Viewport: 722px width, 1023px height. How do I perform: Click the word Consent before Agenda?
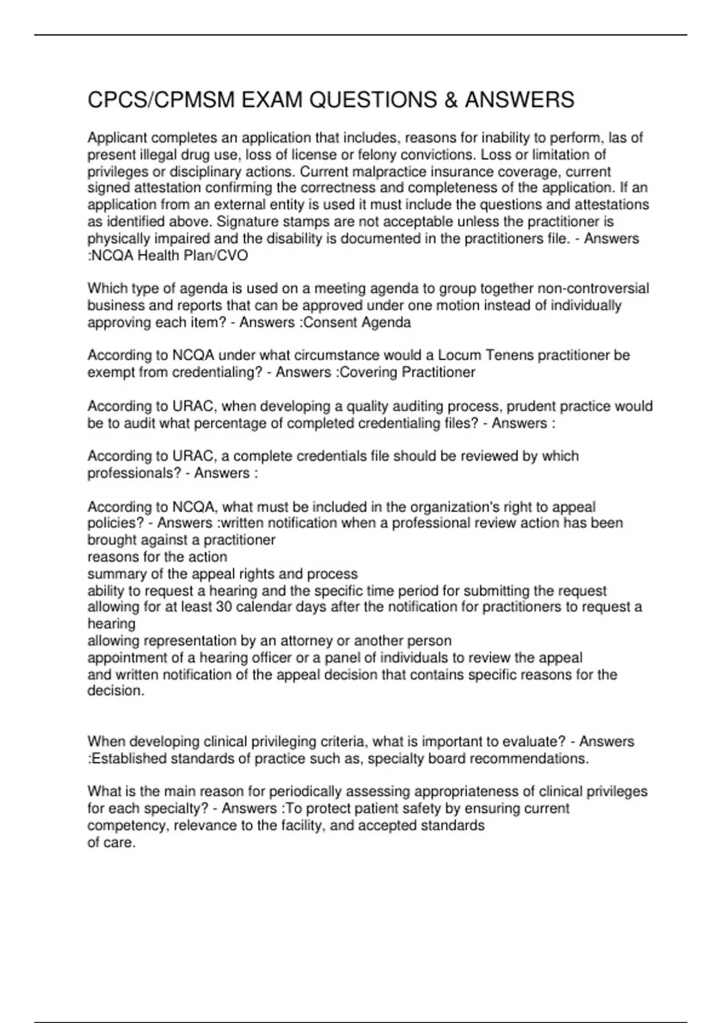[329, 323]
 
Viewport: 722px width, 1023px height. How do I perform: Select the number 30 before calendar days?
[224, 607]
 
